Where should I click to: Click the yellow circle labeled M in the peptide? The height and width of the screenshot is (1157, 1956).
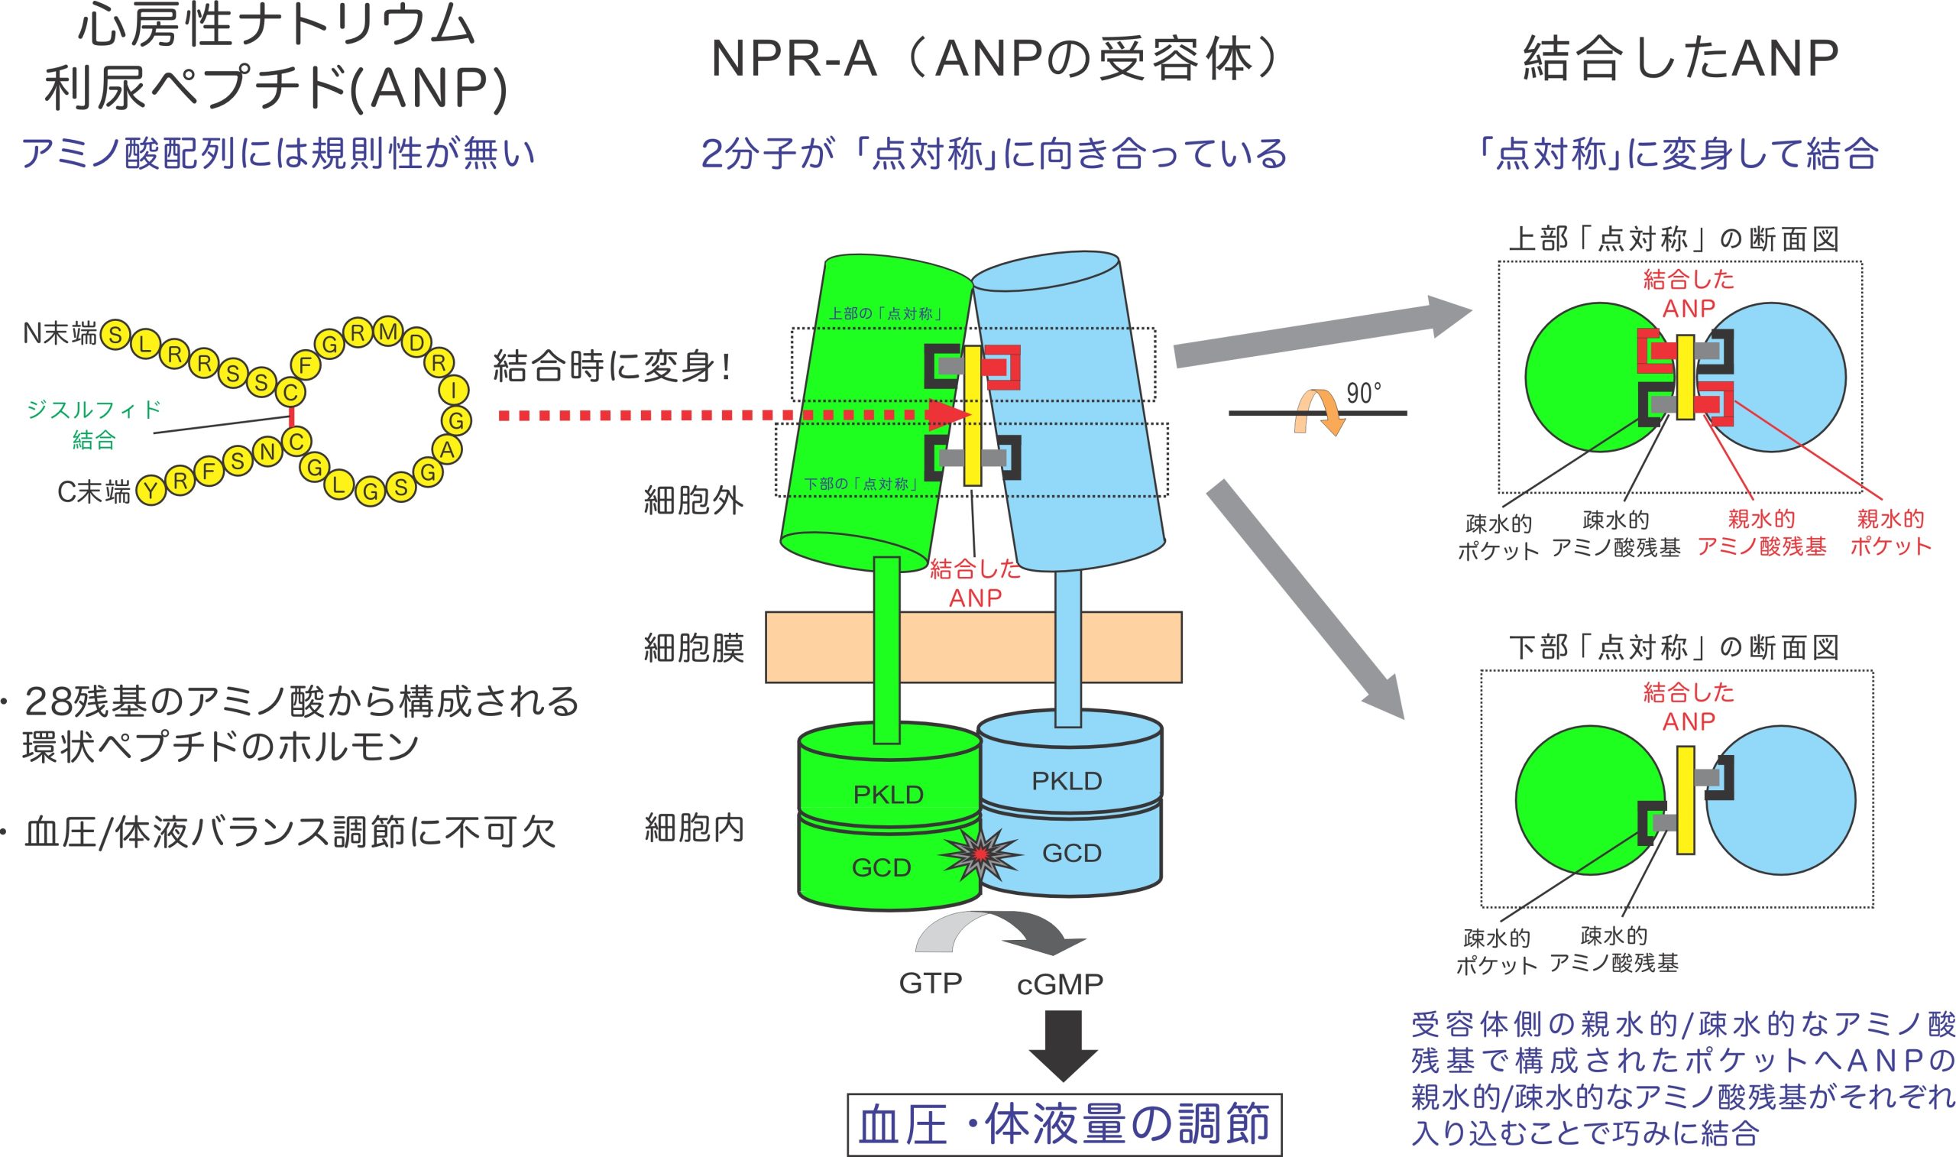pyautogui.click(x=387, y=332)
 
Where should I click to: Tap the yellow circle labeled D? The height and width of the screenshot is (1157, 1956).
pyautogui.click(x=417, y=342)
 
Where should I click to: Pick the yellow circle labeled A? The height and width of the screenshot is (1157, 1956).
pyautogui.click(x=447, y=450)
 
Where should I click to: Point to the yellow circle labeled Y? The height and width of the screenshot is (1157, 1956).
pyautogui.click(x=151, y=491)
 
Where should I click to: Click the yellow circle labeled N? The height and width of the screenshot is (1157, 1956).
pyautogui.click(x=267, y=452)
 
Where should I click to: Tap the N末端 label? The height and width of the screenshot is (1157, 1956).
pyautogui.click(x=60, y=334)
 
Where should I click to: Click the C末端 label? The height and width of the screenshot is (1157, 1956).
pyautogui.click(x=93, y=492)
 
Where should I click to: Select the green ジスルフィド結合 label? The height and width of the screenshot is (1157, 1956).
pyautogui.click(x=93, y=424)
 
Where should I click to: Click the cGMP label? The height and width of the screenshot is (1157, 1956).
pyautogui.click(x=1060, y=985)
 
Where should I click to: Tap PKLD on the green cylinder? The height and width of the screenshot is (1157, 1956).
pyautogui.click(x=888, y=795)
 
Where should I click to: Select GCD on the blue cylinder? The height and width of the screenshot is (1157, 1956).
pyautogui.click(x=1071, y=853)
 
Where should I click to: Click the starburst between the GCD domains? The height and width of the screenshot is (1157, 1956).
pyautogui.click(x=980, y=854)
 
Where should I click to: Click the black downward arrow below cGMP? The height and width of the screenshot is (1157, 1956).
pyautogui.click(x=1063, y=1045)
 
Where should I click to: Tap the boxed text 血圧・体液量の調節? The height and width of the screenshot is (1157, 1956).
pyautogui.click(x=1064, y=1124)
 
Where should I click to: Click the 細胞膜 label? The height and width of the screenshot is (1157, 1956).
pyautogui.click(x=694, y=648)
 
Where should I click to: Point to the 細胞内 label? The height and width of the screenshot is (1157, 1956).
pyautogui.click(x=694, y=828)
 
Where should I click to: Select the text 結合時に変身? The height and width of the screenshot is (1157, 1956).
pyautogui.click(x=612, y=367)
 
